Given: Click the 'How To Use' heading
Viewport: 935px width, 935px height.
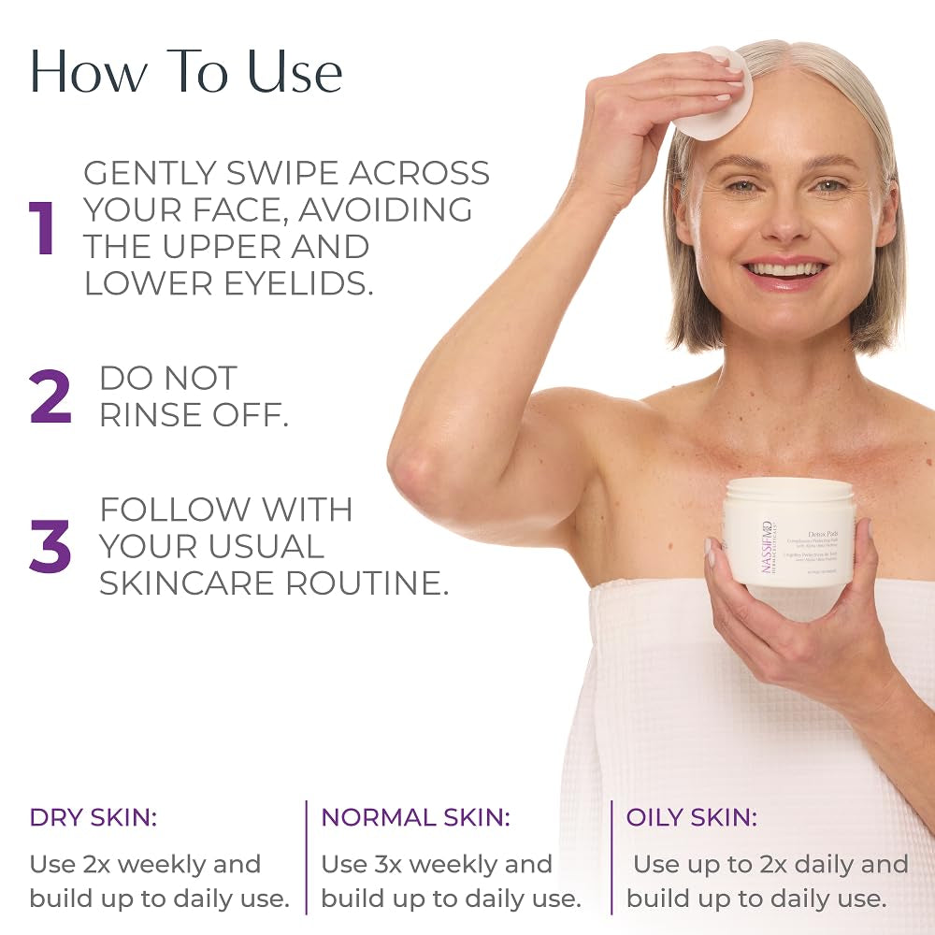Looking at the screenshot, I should click(x=186, y=71).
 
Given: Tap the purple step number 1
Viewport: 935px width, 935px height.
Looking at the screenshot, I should click(x=43, y=228).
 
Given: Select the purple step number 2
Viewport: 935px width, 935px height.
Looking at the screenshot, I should click(x=50, y=396).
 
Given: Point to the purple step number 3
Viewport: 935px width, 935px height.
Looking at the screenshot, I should click(x=50, y=546).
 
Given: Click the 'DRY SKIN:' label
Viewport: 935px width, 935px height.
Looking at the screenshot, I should click(x=93, y=817).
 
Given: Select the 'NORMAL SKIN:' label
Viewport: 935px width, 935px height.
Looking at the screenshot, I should click(x=416, y=817).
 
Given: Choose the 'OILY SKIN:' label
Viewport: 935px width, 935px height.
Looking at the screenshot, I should click(x=692, y=817).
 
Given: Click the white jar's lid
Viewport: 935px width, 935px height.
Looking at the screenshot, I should click(x=789, y=490).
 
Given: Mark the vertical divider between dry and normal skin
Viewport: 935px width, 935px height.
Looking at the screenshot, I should click(x=306, y=856).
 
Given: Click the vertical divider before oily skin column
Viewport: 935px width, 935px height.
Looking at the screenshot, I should click(x=611, y=856).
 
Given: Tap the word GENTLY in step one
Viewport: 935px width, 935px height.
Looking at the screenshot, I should click(x=153, y=173).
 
